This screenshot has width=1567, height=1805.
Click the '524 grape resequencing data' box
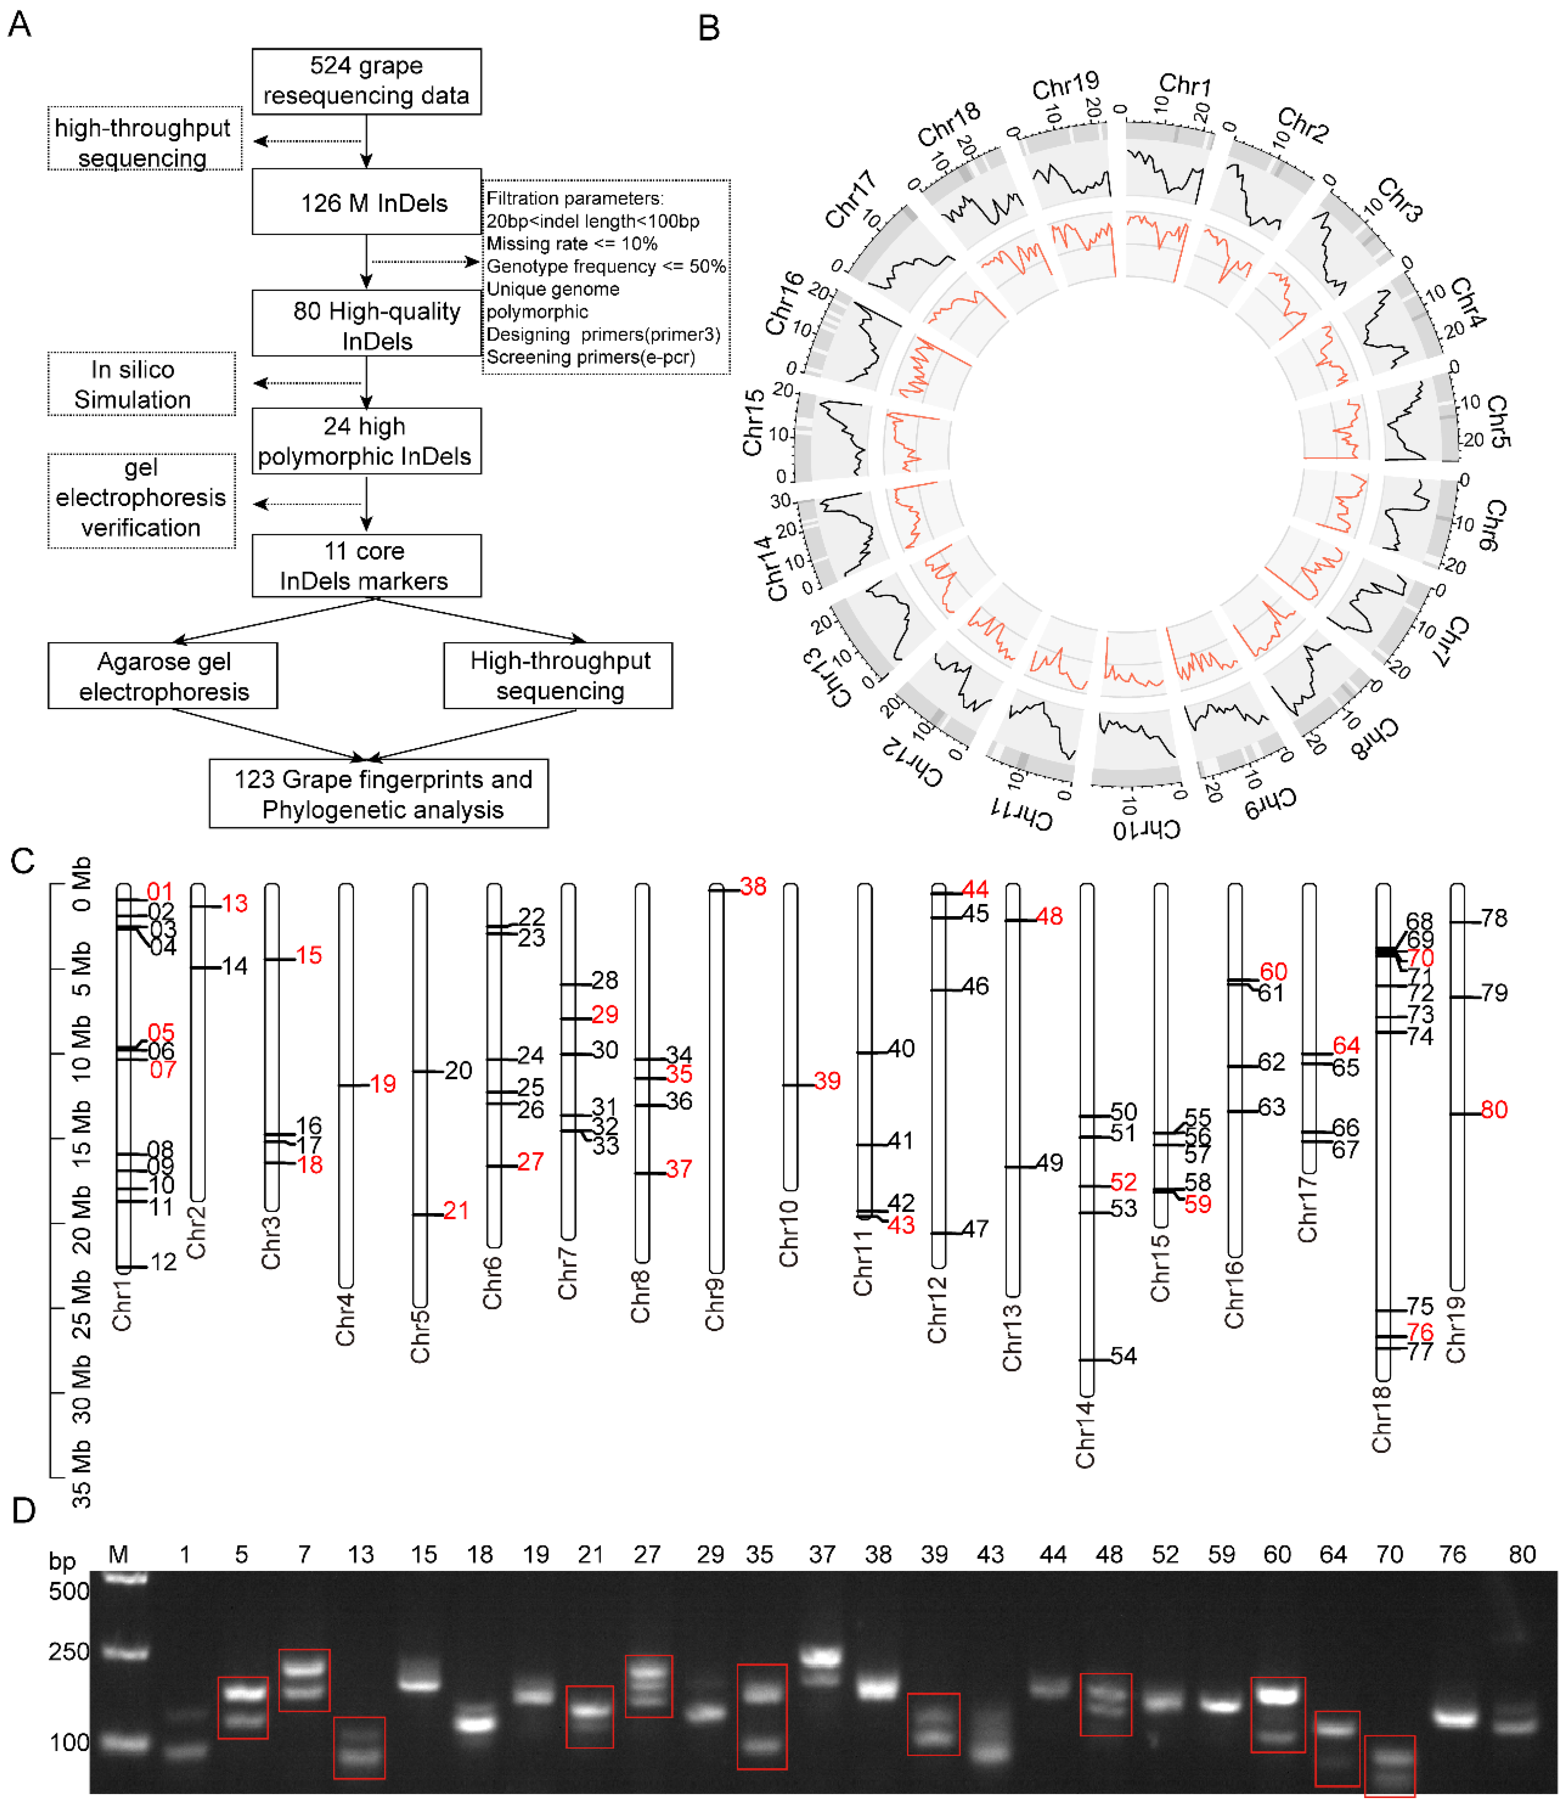click(366, 80)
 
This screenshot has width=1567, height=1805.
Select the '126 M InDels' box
click(366, 202)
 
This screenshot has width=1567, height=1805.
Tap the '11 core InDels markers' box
click(366, 566)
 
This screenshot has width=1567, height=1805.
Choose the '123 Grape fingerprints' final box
click(379, 793)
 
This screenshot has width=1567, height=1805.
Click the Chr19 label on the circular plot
click(1065, 86)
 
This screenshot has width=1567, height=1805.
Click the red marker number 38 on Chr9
click(753, 887)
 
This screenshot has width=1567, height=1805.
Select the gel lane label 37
click(822, 1554)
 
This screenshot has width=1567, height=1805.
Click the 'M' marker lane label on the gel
click(118, 1554)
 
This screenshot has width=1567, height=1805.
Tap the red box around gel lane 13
click(359, 1747)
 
